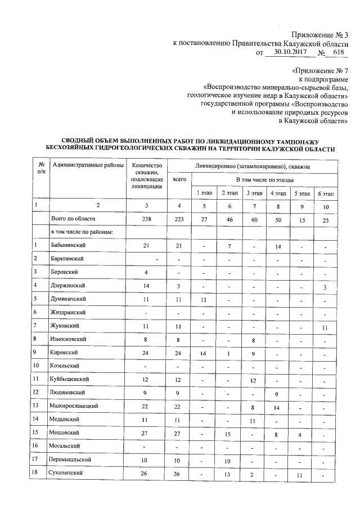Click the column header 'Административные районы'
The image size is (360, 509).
coord(85,165)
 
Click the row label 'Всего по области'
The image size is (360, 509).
coord(74,218)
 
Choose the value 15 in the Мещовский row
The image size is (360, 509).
coord(228,433)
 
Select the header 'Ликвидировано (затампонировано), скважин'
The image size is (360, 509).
coord(253,166)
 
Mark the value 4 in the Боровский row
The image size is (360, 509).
coord(146,272)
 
